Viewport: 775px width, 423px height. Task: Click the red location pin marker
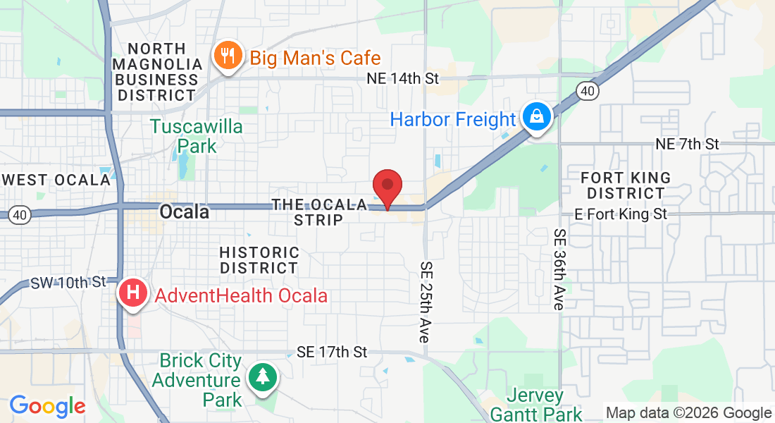[387, 186]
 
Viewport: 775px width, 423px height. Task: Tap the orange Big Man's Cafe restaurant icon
[227, 57]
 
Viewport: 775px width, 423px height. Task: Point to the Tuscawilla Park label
[197, 137]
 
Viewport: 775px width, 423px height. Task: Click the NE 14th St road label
[403, 78]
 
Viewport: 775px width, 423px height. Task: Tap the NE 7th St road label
[687, 144]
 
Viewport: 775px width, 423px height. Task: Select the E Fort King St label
[621, 213]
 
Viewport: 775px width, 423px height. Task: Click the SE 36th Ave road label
[560, 269]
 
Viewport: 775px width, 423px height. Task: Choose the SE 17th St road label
[332, 351]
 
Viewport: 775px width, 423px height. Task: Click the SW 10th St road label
[68, 283]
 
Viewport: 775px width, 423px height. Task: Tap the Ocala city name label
[185, 211]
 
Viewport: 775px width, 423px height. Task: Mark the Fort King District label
[626, 185]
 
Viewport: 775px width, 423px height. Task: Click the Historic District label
[259, 260]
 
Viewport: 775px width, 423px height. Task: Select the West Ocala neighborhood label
[56, 180]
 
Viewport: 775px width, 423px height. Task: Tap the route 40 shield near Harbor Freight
[586, 90]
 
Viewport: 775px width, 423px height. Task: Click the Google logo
[47, 406]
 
